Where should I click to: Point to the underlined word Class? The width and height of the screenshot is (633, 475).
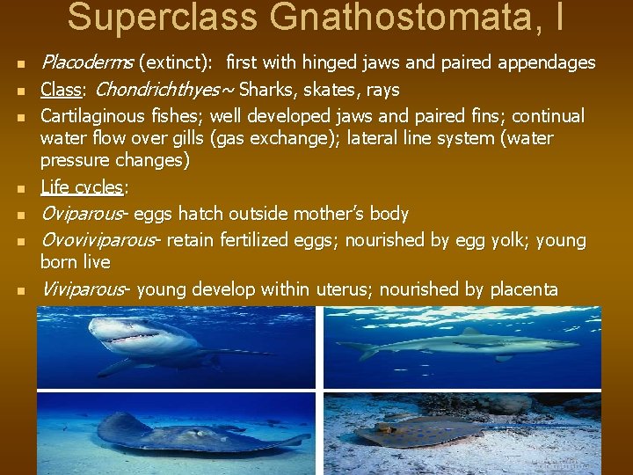pyautogui.click(x=61, y=90)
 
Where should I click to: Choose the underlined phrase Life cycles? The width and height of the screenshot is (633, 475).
pyautogui.click(x=83, y=187)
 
